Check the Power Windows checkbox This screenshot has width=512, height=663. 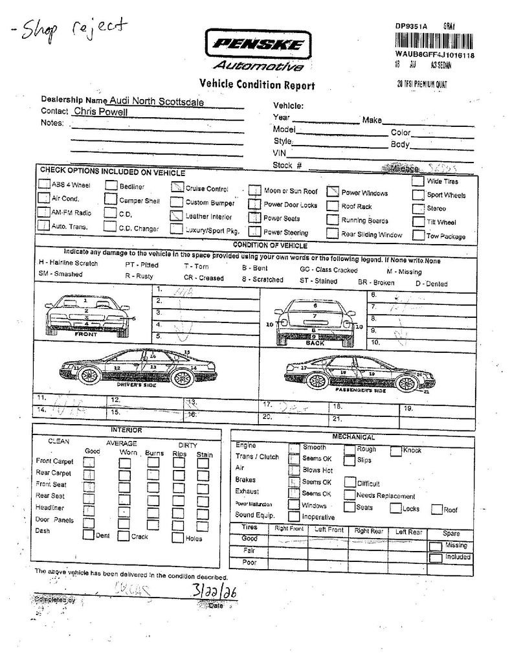333,192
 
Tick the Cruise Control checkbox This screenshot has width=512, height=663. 177,188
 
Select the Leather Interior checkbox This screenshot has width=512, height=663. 176,215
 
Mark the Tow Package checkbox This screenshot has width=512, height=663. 418,235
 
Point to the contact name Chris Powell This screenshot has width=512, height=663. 100,111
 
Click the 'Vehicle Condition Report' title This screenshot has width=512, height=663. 257,85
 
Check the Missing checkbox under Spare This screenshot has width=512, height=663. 436,546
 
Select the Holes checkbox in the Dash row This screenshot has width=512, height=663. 177,537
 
